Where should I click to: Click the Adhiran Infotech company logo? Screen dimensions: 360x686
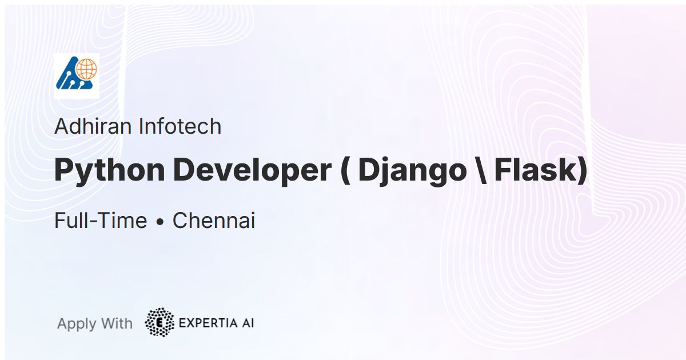[x=77, y=76]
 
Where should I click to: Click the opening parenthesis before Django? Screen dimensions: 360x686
[x=345, y=170]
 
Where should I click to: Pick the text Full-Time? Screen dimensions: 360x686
[x=101, y=221]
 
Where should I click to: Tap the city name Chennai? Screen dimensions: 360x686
[x=214, y=221]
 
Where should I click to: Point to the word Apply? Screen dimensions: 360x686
[x=77, y=324]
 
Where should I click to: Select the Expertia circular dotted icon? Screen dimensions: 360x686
[x=159, y=323]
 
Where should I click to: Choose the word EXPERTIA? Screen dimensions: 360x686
[x=208, y=323]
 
